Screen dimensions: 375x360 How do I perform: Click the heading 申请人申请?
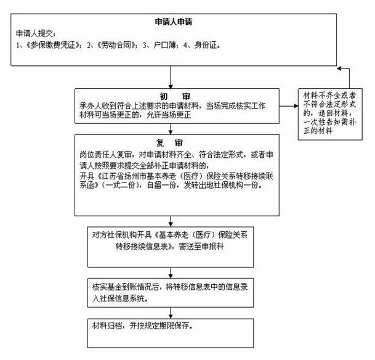click(x=174, y=22)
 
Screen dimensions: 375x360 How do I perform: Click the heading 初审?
click(x=175, y=96)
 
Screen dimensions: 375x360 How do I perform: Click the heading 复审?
click(x=169, y=143)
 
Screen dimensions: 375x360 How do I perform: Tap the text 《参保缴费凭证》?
click(x=53, y=45)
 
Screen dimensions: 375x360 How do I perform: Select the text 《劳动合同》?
click(x=116, y=45)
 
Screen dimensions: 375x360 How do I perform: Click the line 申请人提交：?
click(x=36, y=33)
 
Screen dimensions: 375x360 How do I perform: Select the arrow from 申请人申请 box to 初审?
click(x=171, y=77)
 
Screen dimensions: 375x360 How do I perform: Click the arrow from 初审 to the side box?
click(x=289, y=106)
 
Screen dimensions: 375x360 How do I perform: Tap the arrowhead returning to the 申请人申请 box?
click(x=339, y=68)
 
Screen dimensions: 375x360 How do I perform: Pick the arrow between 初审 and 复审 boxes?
click(x=171, y=129)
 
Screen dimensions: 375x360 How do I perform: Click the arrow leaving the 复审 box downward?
click(x=171, y=221)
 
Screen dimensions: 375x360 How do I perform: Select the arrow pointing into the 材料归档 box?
click(x=171, y=313)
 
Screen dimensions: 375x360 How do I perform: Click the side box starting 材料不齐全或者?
click(x=330, y=114)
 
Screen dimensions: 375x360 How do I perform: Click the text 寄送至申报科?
click(x=201, y=247)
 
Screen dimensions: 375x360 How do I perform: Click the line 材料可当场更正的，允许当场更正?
click(x=135, y=115)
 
